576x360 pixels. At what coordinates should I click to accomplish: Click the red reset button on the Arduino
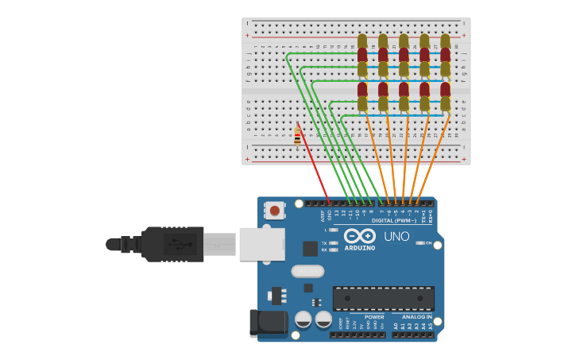tap(274, 211)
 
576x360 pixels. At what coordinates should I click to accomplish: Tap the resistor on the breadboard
tap(297, 137)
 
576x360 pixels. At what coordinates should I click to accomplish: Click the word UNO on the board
tap(396, 236)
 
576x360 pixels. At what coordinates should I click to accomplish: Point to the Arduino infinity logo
tap(360, 235)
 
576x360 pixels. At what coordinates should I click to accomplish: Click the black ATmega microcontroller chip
tap(383, 298)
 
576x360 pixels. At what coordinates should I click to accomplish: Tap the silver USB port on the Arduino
tap(261, 243)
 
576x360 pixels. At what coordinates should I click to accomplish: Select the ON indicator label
tap(428, 243)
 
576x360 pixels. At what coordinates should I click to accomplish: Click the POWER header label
tap(374, 316)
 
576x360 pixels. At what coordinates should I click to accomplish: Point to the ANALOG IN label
tap(412, 316)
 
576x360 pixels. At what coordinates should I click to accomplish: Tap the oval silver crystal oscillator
tap(307, 271)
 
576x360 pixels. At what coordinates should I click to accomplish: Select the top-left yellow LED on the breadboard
tap(362, 41)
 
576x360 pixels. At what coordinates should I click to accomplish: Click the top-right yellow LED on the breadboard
tap(445, 41)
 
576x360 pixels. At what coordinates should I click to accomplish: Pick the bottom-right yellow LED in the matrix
tap(445, 103)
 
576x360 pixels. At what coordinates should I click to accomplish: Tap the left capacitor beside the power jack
tap(303, 319)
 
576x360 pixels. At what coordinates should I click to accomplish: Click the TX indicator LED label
tap(324, 242)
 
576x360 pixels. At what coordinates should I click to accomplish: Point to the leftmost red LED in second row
tap(362, 89)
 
